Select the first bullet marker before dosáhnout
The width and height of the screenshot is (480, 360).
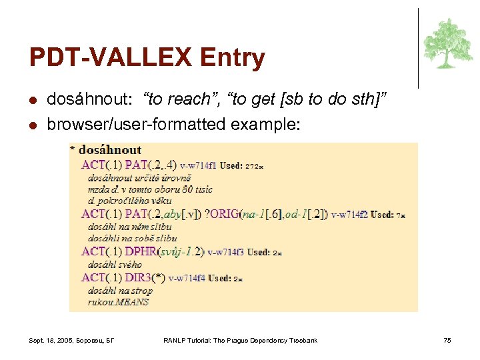(x=33, y=101)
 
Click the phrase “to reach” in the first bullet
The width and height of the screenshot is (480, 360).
(x=178, y=100)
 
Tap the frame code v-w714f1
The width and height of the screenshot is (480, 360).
(x=199, y=165)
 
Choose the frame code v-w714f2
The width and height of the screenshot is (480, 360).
(x=349, y=215)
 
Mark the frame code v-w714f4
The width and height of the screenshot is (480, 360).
(x=186, y=278)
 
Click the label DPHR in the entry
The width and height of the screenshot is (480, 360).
(x=141, y=252)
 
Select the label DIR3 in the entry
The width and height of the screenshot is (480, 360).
(x=139, y=277)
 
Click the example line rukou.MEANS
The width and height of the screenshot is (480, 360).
(x=118, y=303)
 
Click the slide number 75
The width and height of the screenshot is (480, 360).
(x=447, y=341)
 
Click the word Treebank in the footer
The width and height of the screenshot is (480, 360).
(x=303, y=341)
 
